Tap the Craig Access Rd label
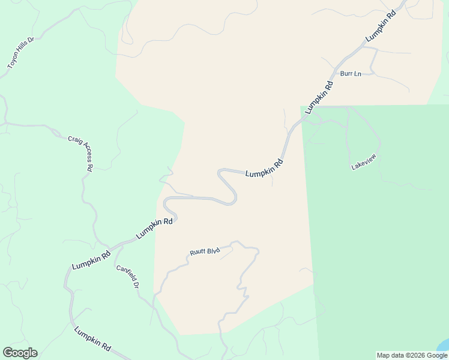[x=80, y=153]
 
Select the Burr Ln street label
[x=351, y=74]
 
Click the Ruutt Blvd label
[x=205, y=253]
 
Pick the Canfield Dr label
[x=128, y=276]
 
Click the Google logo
[x=20, y=353]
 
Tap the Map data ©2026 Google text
[x=412, y=355]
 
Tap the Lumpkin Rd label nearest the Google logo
[x=92, y=339]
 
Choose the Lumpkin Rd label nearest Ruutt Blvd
[x=154, y=229]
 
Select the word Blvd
[x=213, y=250]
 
